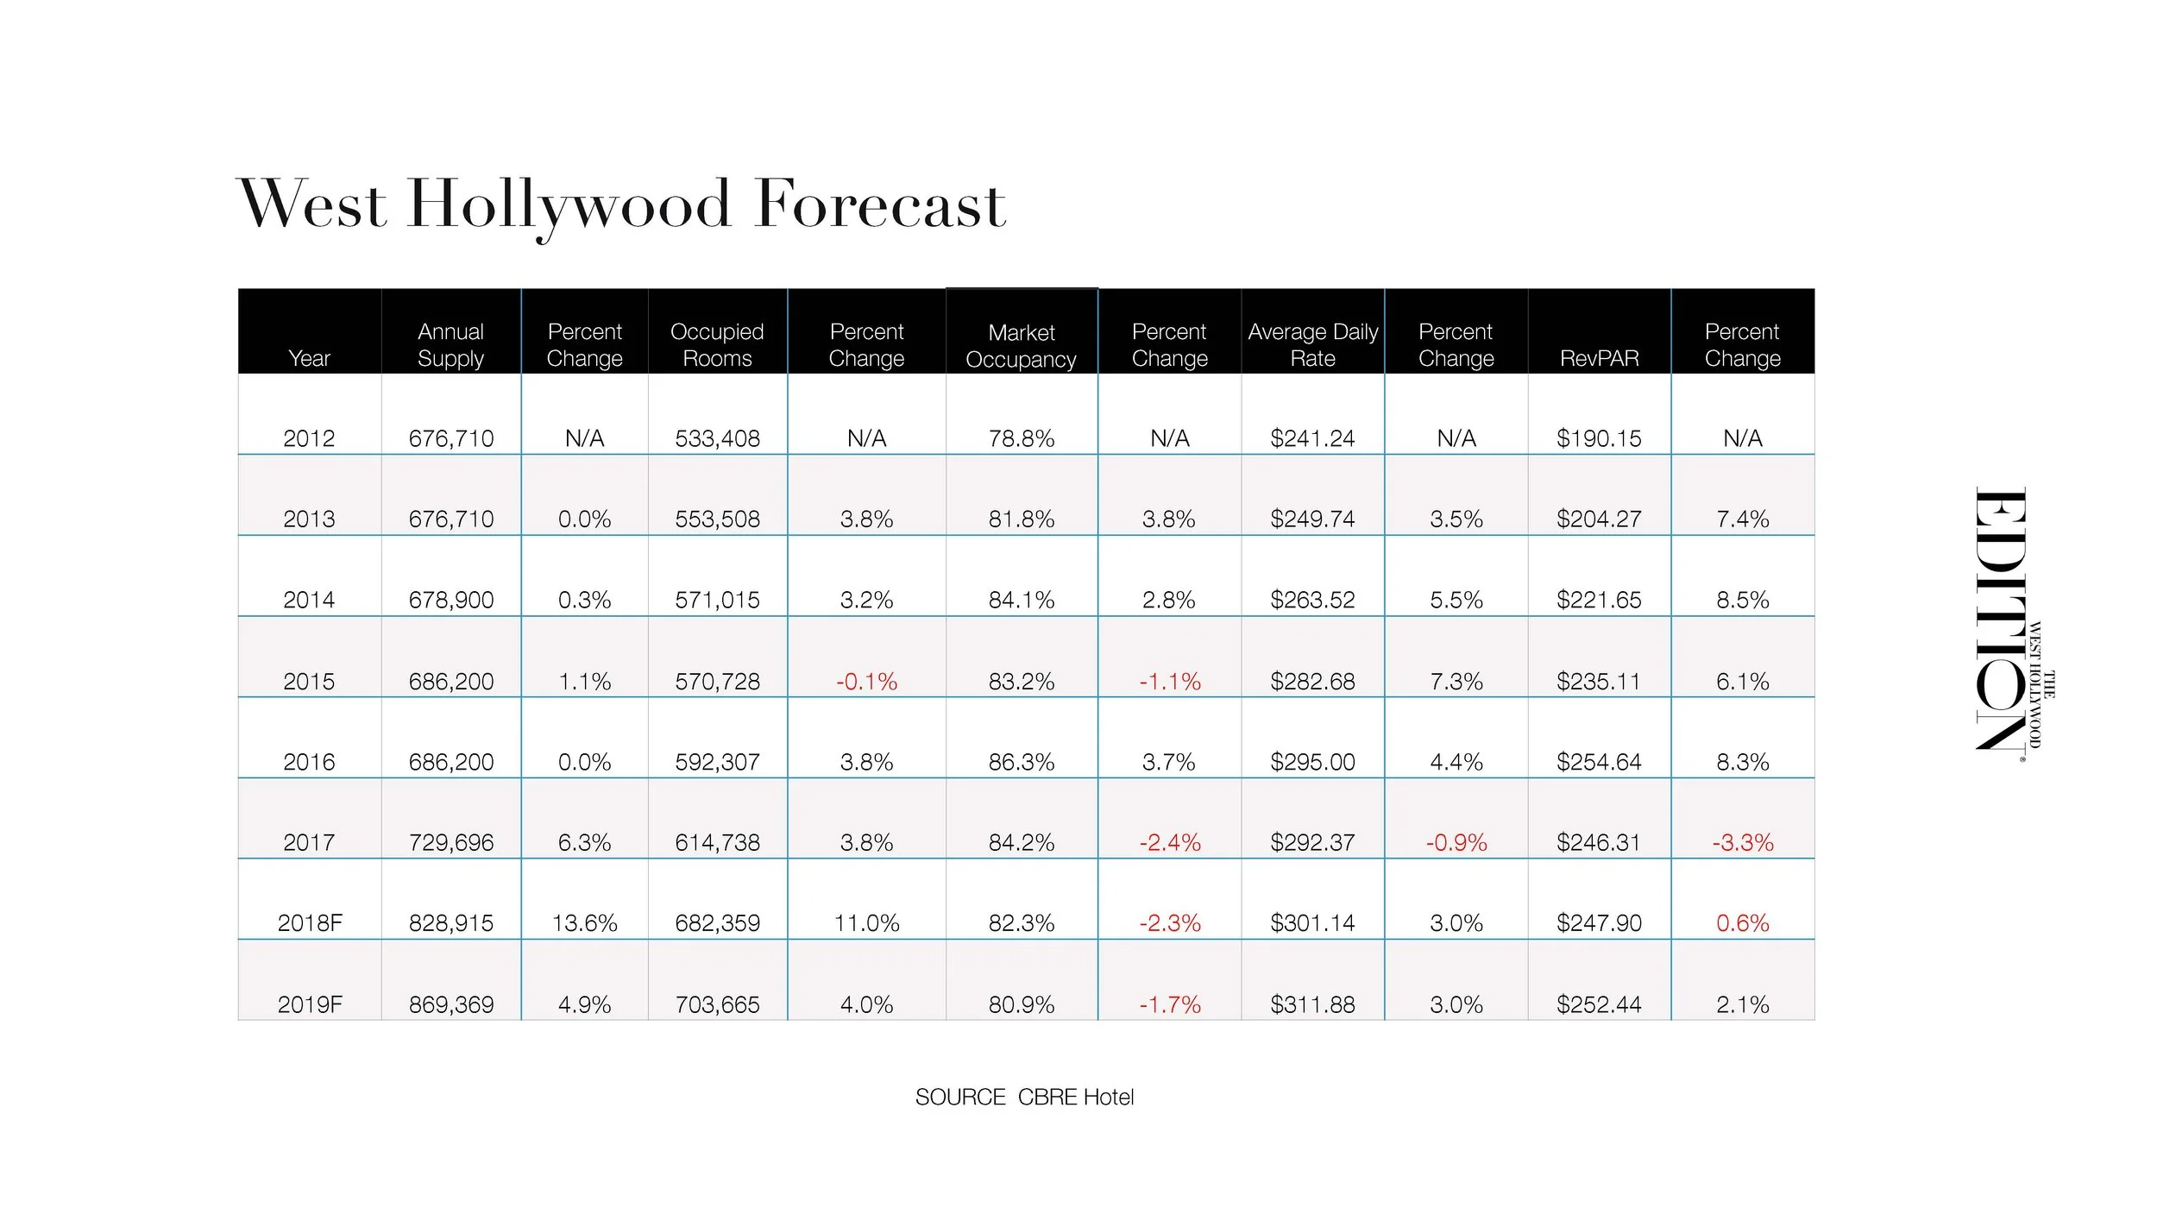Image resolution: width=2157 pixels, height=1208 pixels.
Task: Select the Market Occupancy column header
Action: [x=1021, y=345]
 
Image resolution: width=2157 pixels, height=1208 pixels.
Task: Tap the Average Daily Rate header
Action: [x=1312, y=344]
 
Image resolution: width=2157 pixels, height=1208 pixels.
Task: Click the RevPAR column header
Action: [x=1599, y=358]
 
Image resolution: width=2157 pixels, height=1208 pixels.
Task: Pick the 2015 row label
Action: [x=309, y=682]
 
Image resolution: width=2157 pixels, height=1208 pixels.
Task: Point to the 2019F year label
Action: [x=309, y=1004]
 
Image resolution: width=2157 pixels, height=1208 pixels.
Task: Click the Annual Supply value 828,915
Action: [x=450, y=923]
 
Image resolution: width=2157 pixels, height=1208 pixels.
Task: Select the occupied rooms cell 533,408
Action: [x=717, y=438]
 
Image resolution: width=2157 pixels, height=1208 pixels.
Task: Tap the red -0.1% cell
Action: [x=866, y=682]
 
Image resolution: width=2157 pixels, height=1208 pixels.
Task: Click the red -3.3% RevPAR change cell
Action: [x=1742, y=842]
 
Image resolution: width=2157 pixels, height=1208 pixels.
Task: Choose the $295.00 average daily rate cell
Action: [x=1312, y=762]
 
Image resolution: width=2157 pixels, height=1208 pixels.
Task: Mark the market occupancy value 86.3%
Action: [x=1021, y=762]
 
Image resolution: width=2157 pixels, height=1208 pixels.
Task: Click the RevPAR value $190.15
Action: [x=1599, y=438]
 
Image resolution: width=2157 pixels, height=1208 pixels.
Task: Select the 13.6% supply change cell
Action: [x=584, y=923]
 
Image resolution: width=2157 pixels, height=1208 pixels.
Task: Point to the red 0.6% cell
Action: [x=1742, y=923]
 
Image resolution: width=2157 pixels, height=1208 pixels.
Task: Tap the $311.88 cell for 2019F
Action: [x=1312, y=1004]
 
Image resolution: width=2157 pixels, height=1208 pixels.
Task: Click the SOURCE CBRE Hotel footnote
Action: [x=1024, y=1097]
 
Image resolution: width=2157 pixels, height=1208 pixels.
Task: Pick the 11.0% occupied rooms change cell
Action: [x=866, y=923]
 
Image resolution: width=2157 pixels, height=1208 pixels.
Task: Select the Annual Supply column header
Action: [x=450, y=344]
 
